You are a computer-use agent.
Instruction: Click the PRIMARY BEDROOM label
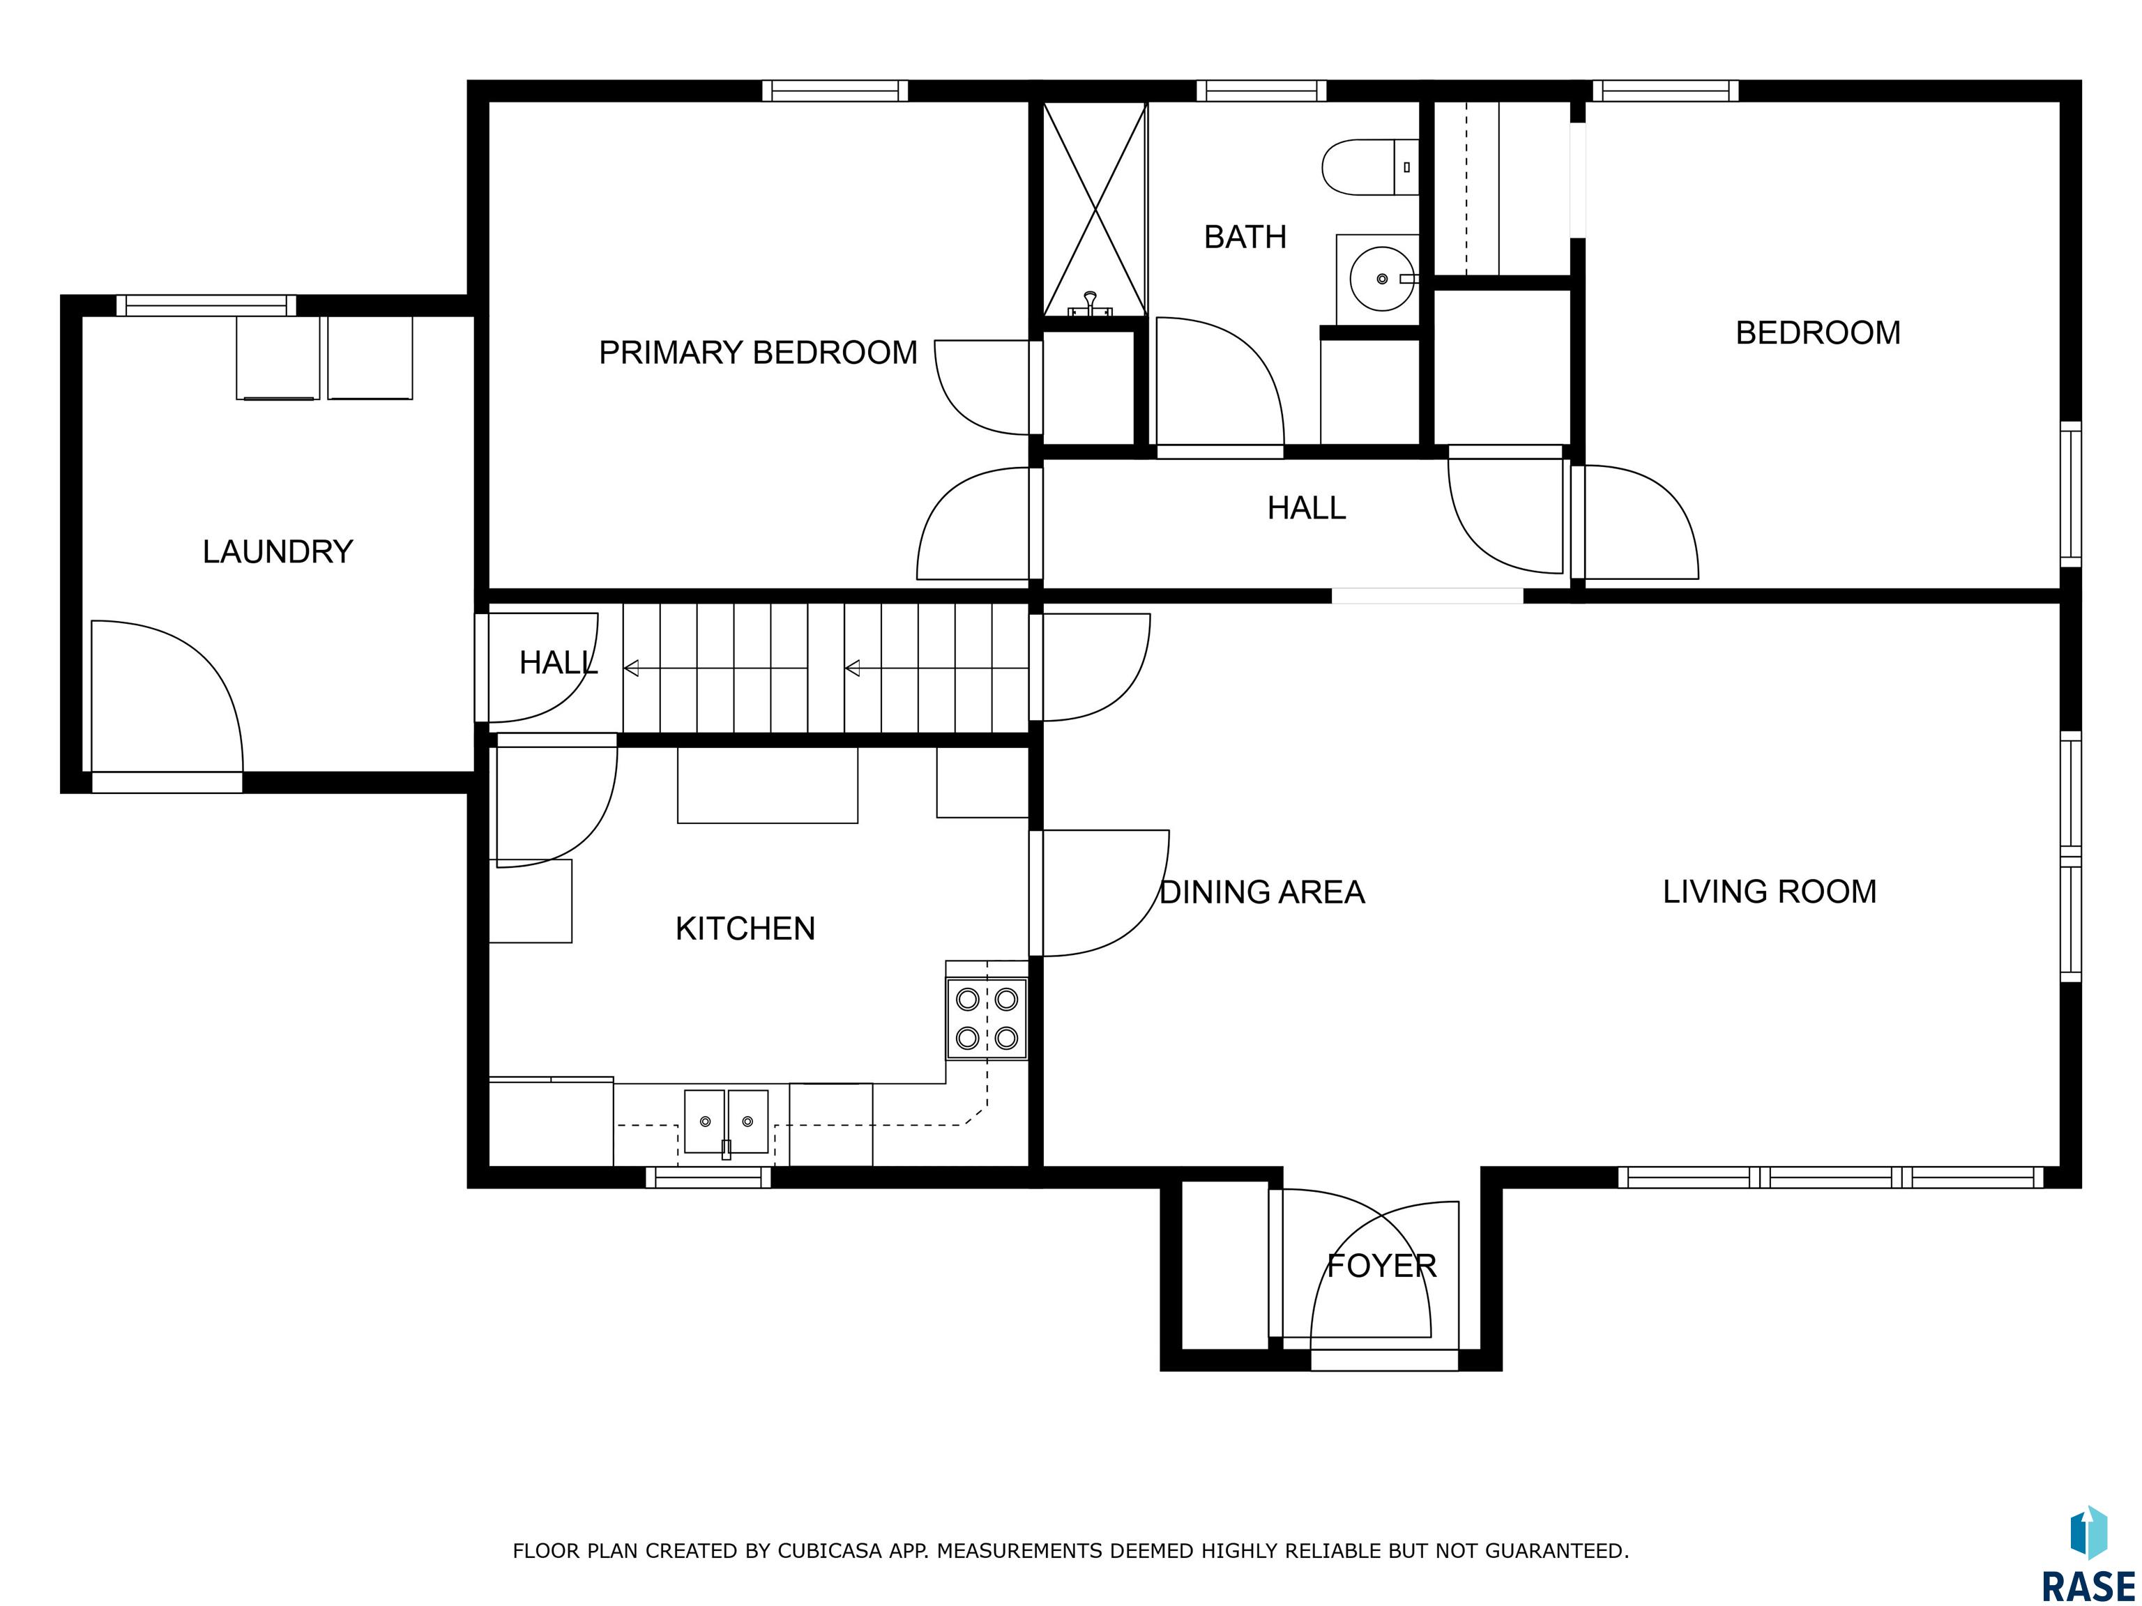(757, 353)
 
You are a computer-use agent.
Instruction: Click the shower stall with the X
(1094, 209)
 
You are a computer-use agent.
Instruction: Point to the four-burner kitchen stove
(987, 1018)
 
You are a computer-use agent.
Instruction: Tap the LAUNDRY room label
(278, 552)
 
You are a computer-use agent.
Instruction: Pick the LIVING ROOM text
(1769, 892)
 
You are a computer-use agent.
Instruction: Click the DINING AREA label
(1262, 892)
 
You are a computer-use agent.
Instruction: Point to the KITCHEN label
(745, 929)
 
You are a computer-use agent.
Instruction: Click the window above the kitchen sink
(709, 1177)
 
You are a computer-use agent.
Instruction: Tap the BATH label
(1245, 237)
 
